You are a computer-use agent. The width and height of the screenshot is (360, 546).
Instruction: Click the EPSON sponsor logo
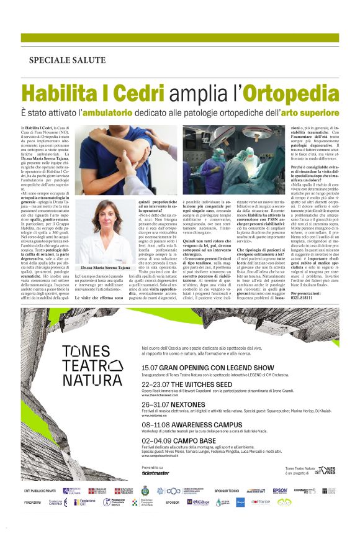click(x=280, y=491)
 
